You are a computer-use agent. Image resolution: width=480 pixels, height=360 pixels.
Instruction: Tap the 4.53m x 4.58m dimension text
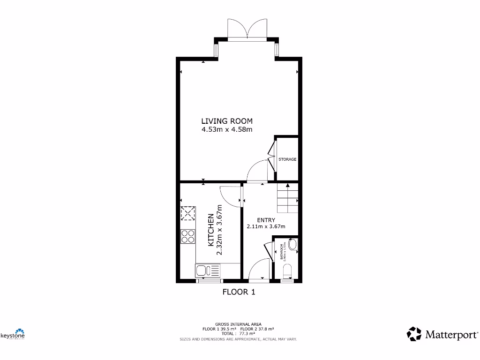click(227, 129)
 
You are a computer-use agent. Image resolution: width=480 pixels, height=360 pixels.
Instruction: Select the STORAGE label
click(287, 159)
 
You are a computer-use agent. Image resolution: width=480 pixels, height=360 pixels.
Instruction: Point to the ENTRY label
click(266, 220)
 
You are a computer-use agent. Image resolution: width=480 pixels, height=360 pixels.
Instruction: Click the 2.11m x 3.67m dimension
click(266, 226)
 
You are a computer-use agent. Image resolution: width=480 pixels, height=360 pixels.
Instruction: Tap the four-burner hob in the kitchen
click(188, 236)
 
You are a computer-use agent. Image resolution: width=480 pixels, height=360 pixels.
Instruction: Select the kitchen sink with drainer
click(207, 270)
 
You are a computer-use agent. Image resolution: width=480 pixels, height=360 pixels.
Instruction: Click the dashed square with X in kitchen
click(188, 214)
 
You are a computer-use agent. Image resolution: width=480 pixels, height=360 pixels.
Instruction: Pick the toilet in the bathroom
click(288, 271)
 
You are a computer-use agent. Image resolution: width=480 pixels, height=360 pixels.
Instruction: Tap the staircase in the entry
click(287, 199)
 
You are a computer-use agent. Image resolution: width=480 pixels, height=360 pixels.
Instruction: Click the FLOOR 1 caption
click(239, 292)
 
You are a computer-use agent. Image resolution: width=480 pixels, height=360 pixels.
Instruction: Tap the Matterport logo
click(442, 334)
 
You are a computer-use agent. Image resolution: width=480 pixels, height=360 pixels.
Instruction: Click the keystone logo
click(13, 334)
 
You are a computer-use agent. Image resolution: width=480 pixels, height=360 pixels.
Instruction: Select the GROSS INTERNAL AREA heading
click(238, 324)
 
